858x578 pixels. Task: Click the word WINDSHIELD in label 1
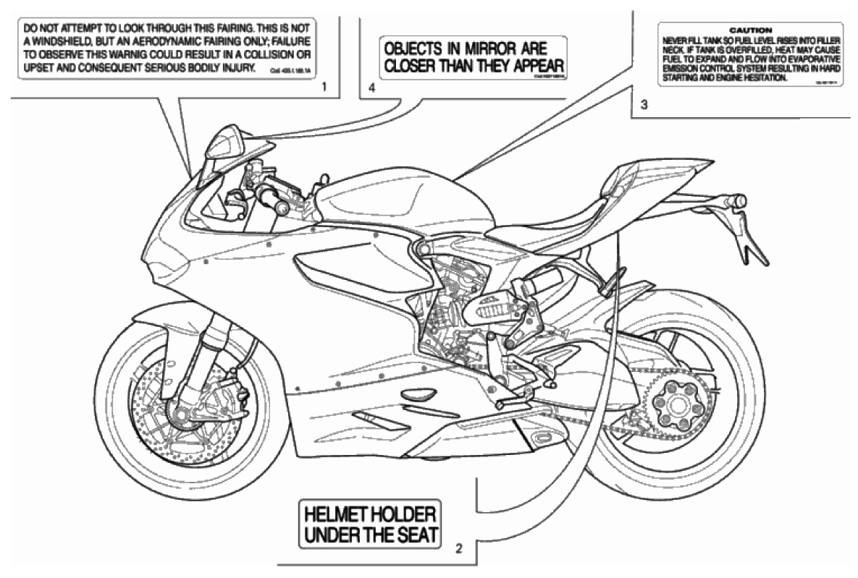coord(51,42)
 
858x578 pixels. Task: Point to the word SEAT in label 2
coord(413,536)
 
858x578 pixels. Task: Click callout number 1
coord(324,87)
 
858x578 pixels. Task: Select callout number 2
coord(458,547)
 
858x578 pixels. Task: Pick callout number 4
coord(371,88)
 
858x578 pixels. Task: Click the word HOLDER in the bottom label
coord(401,517)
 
